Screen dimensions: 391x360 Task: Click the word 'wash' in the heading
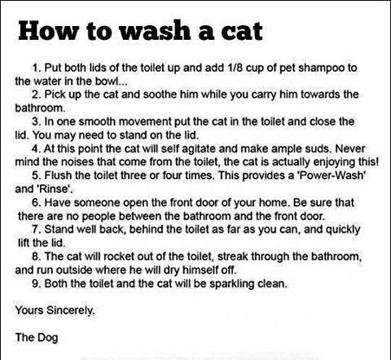[155, 31]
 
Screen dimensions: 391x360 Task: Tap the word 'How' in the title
[49, 30]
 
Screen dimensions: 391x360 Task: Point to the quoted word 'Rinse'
[55, 189]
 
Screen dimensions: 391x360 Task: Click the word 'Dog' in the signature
[47, 338]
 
